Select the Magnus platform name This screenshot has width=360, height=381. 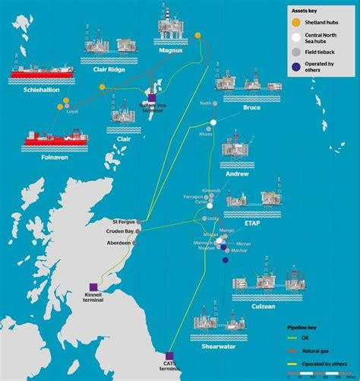pos(172,51)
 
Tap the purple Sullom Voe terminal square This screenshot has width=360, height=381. pos(152,97)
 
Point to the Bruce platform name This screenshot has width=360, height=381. pos(251,107)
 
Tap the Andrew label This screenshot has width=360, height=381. pos(238,174)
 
